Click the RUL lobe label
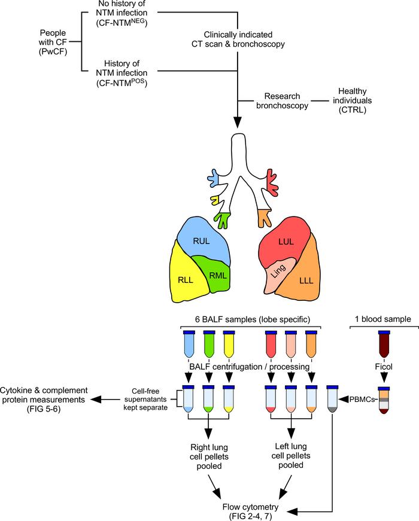coord(201,241)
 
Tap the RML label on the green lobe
coord(218,275)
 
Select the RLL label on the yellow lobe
coord(185,280)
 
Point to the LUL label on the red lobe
coord(286,242)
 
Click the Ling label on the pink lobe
coord(278,271)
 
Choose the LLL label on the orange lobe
coord(306,281)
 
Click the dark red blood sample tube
coord(384,344)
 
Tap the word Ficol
coord(384,367)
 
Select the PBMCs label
coord(362,399)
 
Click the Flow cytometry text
coord(250,507)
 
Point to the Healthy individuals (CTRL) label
coord(353,100)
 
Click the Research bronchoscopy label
coord(283,100)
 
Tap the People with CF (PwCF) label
coord(53,42)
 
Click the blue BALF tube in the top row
coord(189,344)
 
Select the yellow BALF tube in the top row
coord(229,344)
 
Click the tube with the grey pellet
coord(333,399)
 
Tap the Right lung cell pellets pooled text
coord(209,456)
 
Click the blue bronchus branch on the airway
coord(213,177)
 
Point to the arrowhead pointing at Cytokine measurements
coord(96,400)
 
